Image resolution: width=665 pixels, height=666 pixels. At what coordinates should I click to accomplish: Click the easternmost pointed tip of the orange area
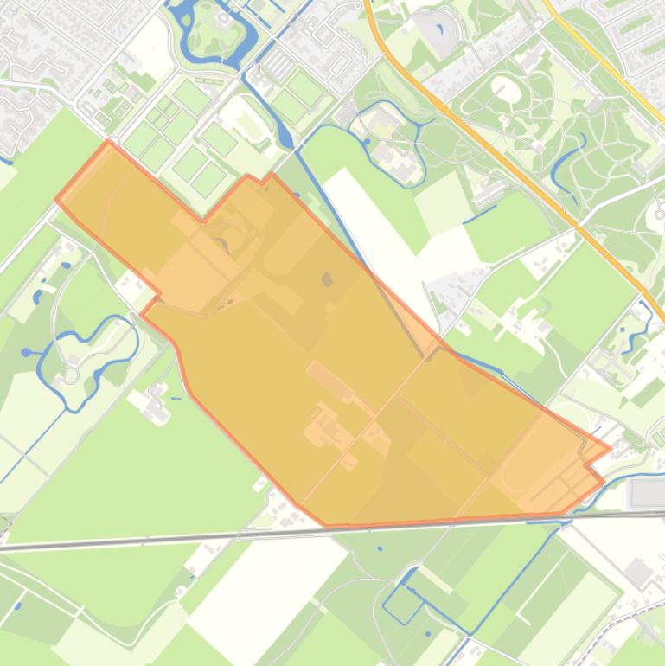click(x=610, y=449)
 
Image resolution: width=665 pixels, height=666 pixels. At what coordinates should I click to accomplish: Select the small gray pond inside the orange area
click(x=327, y=279)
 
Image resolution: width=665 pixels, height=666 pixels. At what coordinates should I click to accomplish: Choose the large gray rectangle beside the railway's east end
click(x=647, y=494)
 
